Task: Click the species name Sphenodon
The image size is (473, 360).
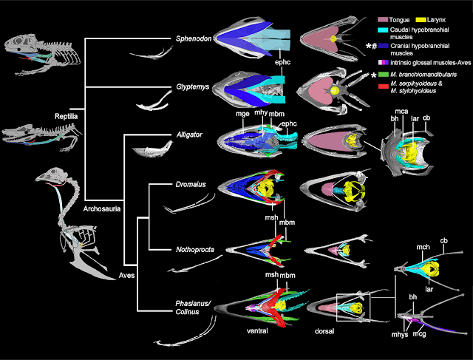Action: point(194,38)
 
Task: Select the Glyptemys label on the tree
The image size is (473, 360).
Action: point(193,87)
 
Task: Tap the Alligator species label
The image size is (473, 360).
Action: point(189,135)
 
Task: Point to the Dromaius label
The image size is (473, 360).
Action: point(191,184)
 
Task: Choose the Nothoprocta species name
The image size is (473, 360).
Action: point(195,250)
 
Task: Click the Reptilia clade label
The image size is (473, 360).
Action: point(66,117)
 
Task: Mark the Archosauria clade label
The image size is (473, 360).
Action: point(102,208)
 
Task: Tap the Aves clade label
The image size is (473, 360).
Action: point(126,275)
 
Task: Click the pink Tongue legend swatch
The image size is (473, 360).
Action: point(383,20)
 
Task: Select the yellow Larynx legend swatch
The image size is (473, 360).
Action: point(421,20)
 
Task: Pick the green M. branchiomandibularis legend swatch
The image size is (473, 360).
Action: point(383,74)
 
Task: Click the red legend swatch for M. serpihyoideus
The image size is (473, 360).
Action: point(383,86)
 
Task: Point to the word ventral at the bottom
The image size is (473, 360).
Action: point(257,331)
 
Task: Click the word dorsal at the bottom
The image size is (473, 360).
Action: point(324,331)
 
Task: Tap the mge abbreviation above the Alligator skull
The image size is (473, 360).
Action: point(243,114)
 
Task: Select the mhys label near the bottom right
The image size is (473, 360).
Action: point(400,334)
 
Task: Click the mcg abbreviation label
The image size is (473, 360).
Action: point(419,334)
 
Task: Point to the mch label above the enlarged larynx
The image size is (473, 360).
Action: point(423,247)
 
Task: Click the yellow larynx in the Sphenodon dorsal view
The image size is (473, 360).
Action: point(333,38)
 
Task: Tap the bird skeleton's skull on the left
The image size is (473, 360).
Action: point(47,176)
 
